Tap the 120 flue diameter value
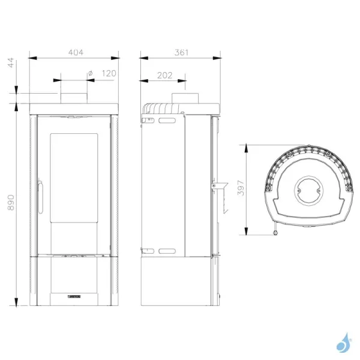[x=109, y=73]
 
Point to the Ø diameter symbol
[x=90, y=73]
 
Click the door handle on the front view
[x=40, y=195]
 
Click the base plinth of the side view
[x=178, y=281]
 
